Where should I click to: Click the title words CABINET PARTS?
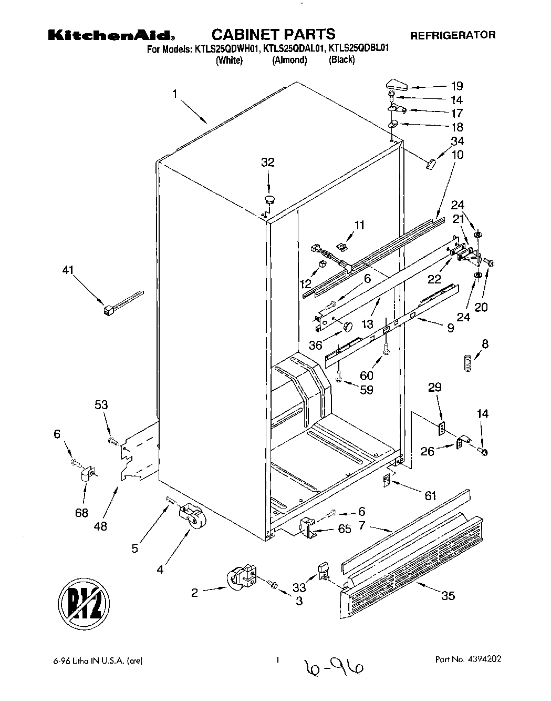[273, 35]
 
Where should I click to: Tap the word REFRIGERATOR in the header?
[452, 36]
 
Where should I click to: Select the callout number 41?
[68, 270]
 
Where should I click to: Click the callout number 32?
[268, 162]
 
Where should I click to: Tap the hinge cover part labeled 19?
[397, 84]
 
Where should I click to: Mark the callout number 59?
[367, 391]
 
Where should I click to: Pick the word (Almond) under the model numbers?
[289, 60]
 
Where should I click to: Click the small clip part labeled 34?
[430, 164]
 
